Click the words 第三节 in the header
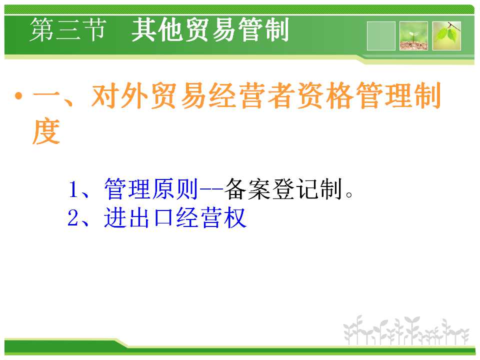coord(68,29)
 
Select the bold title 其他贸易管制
coord(210,29)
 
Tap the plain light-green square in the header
coord(381,36)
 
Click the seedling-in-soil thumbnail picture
coord(413,36)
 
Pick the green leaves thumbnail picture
coord(446,36)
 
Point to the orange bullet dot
coord(18,96)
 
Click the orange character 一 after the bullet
coord(46,96)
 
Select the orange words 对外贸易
coord(148,95)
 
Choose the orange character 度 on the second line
coord(46,130)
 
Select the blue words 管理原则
coord(151,189)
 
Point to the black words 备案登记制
coord(283,189)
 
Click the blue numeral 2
coord(73,217)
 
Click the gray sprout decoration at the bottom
coord(406,330)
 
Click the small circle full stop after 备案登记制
coord(349,194)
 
